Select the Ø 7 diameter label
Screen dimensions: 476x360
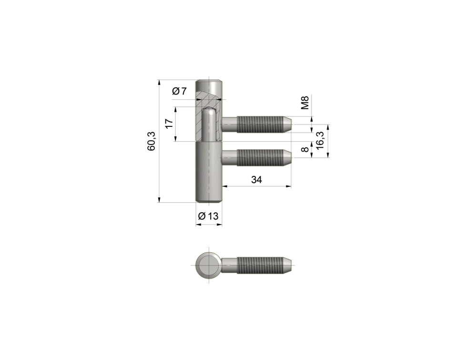(180, 91)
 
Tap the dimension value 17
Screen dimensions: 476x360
(169, 123)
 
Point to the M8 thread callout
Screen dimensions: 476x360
(305, 103)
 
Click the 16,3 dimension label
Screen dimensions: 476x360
(320, 140)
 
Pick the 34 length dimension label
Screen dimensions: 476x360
(256, 180)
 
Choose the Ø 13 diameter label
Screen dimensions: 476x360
(208, 216)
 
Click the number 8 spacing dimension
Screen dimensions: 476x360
(305, 149)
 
